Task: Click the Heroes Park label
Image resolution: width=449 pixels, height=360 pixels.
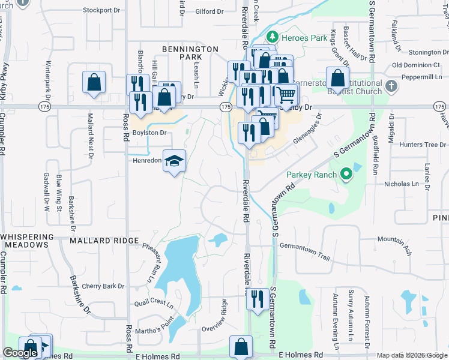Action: (x=294, y=37)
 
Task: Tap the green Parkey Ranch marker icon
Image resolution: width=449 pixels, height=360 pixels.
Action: (x=346, y=175)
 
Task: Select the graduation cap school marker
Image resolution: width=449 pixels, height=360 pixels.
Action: (x=175, y=161)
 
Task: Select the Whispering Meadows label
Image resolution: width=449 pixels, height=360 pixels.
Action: (x=33, y=241)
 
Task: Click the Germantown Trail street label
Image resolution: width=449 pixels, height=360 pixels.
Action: (x=305, y=252)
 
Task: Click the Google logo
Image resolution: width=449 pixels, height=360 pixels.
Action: (x=20, y=353)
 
